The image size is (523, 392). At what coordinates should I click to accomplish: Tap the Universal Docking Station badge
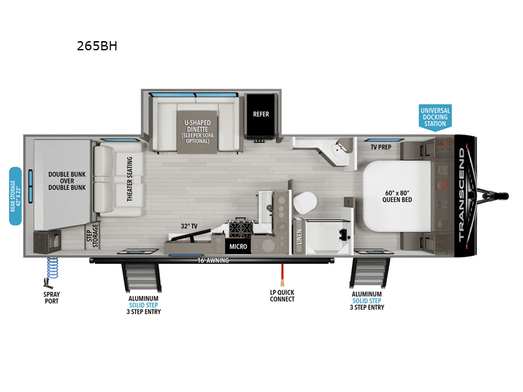[x=435, y=116]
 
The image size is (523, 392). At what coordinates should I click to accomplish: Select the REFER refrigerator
[x=261, y=114]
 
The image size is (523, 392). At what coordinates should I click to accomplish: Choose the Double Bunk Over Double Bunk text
[x=67, y=181]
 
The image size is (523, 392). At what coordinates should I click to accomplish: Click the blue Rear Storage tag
[x=15, y=196]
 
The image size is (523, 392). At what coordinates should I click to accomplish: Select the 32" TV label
[x=190, y=226]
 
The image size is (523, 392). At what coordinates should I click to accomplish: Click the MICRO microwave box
[x=237, y=247]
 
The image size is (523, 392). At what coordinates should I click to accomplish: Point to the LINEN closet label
[x=299, y=238]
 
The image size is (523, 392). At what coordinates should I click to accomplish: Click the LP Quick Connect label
[x=282, y=295]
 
